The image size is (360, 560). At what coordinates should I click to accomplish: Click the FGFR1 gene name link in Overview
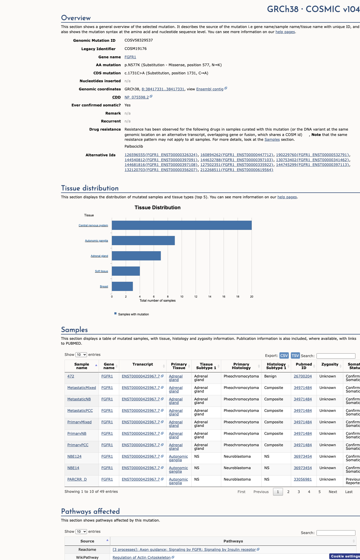coord(130,57)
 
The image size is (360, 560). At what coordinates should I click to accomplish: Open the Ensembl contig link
coord(210,89)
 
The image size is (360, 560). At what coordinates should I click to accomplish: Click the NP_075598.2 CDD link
coord(137,97)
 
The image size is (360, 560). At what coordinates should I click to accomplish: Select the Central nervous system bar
coord(182,225)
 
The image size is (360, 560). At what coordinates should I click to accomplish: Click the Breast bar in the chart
coord(122,286)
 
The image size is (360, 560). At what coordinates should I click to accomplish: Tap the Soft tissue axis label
coord(101,271)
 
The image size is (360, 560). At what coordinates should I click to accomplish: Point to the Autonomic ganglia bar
coord(143,241)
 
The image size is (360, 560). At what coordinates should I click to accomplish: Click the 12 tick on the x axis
coord(196,297)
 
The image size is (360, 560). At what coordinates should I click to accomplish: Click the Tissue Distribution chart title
coord(158,207)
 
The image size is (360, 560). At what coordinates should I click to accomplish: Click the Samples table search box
coord(336,356)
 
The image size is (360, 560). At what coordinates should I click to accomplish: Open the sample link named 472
coord(71,376)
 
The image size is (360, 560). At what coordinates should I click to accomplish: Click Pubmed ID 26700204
coord(303,376)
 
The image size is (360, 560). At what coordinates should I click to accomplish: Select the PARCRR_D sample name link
coord(77,479)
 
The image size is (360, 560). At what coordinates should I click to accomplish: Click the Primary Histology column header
coord(241,366)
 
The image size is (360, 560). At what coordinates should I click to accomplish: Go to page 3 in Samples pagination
coord(299,492)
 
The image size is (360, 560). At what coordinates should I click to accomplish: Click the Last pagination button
coord(349,492)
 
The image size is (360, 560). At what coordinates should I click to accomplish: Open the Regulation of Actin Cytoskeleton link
coord(142,557)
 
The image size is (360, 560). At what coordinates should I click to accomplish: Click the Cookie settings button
coord(345,556)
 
